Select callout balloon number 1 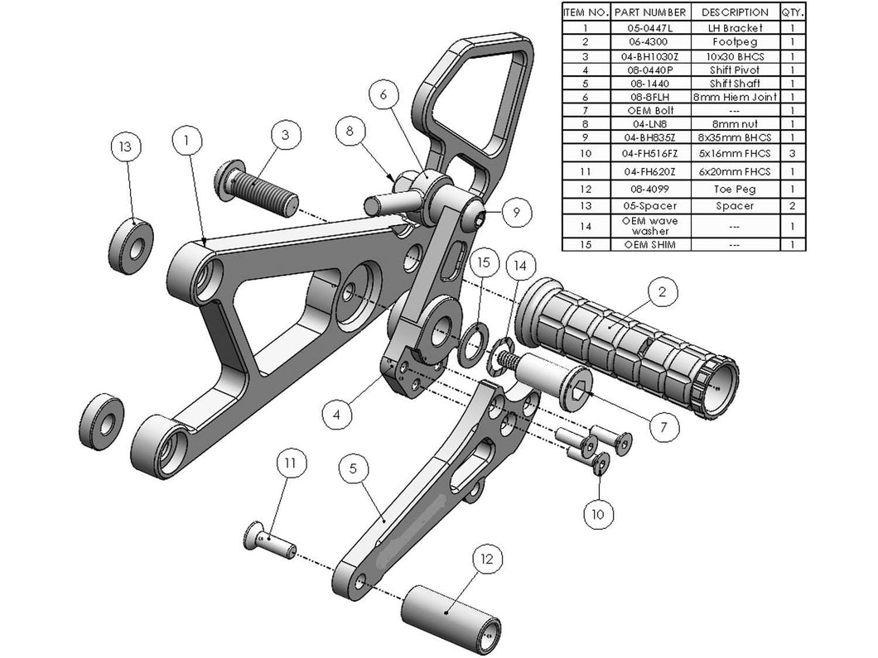point(188,142)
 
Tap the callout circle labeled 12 point(486,560)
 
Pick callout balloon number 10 point(598,514)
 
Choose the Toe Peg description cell point(734,189)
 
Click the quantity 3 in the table point(792,153)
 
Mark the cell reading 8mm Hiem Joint point(734,97)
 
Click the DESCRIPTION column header point(734,12)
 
